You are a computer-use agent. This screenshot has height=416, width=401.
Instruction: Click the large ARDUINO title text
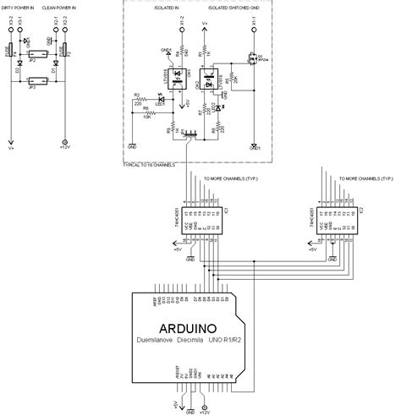pyautogui.click(x=200, y=326)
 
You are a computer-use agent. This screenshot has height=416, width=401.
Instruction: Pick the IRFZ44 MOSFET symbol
pyautogui.click(x=253, y=60)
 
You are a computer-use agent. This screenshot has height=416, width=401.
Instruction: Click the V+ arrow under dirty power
pyautogui.click(x=11, y=140)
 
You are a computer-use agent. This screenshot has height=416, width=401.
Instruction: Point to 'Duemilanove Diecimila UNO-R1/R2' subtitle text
pyautogui.click(x=200, y=341)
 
